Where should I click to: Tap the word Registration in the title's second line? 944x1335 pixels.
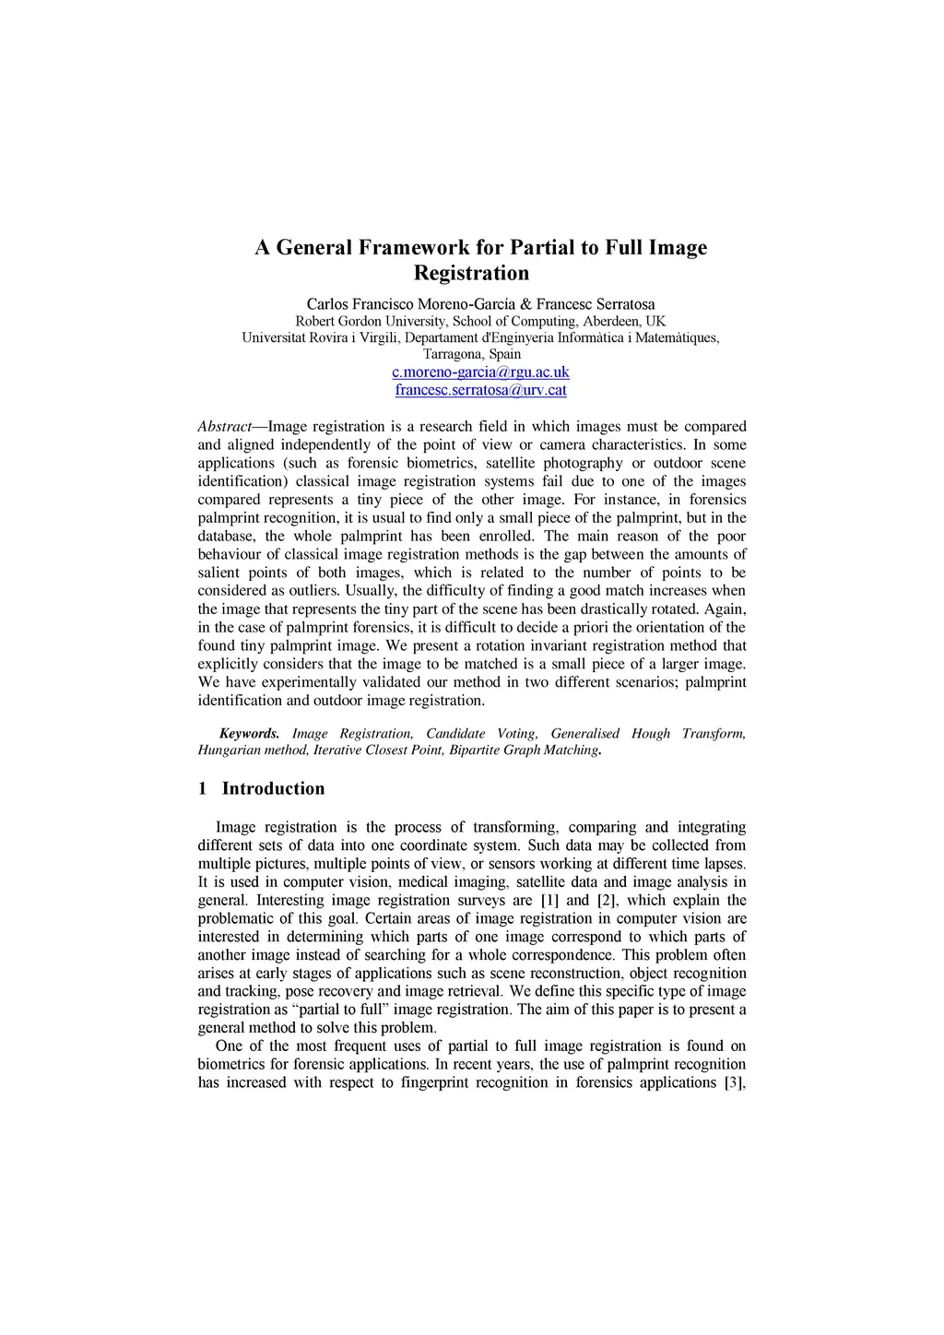pos(471,274)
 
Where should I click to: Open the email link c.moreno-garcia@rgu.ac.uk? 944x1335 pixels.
pos(480,372)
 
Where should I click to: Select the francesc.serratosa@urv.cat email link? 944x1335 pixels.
pos(480,390)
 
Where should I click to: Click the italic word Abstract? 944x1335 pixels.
pos(224,427)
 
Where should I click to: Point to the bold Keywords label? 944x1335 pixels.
pos(249,734)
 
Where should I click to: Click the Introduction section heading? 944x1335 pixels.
pos(273,789)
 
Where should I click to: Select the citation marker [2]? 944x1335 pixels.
pos(608,901)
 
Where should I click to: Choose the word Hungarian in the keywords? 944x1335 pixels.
pos(228,750)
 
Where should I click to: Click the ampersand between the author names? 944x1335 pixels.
pos(525,304)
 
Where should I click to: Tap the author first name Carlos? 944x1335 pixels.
pos(327,304)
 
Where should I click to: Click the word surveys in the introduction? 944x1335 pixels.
pos(481,901)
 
